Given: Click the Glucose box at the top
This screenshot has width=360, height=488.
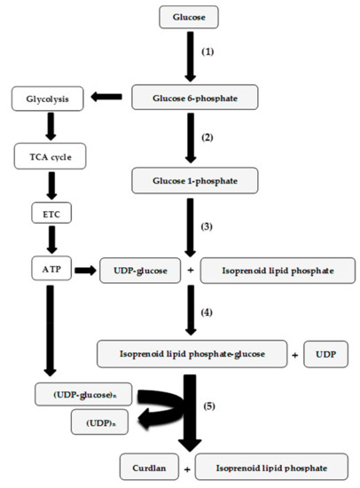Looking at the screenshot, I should pos(188,17).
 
